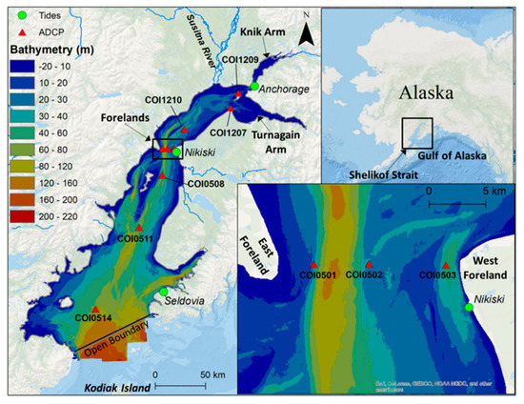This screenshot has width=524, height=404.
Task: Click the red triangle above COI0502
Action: (370, 265)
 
